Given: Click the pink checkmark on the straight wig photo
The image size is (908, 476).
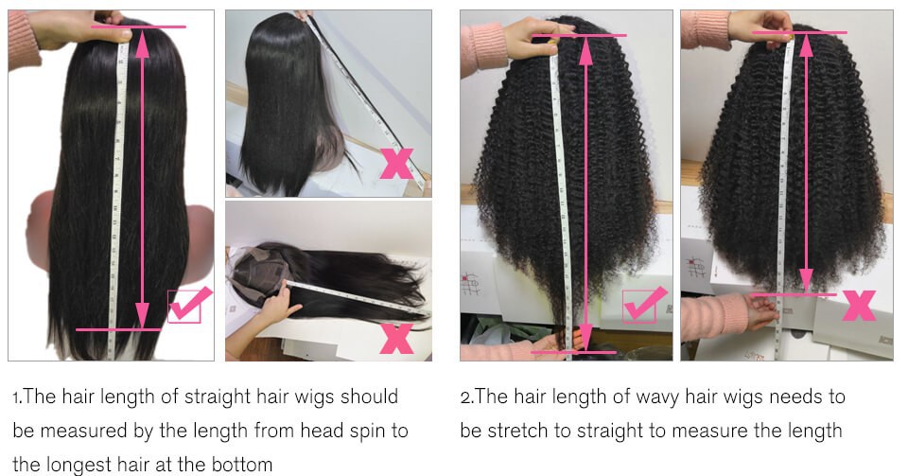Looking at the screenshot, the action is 189,304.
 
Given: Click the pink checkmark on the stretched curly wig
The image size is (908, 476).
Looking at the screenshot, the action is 644,304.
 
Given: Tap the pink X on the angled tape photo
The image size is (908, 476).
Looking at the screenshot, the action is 396,164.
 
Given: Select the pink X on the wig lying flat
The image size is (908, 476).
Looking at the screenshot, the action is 396,338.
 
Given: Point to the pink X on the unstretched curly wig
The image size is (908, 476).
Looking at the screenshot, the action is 859,305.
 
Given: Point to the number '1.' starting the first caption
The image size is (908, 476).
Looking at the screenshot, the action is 17,397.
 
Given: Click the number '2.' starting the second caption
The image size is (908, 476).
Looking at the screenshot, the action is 466,397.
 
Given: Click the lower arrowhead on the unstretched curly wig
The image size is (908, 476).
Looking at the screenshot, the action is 806,281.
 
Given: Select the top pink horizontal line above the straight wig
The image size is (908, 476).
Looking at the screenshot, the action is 138,26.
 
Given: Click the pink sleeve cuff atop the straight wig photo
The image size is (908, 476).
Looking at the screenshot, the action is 23,40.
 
